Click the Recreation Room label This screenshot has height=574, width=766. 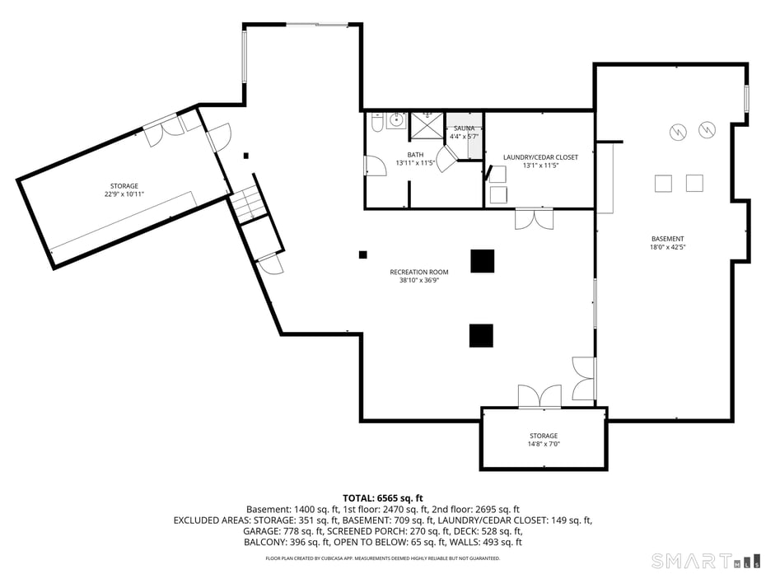point(419,272)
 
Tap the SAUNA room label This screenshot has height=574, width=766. point(465,128)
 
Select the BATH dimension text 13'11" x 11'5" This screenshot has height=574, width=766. point(415,163)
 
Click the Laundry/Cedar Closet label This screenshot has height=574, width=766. point(540,156)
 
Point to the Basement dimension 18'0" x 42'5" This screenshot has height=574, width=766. point(667,246)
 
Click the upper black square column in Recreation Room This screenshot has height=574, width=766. point(483,260)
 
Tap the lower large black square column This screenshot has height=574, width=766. point(481,335)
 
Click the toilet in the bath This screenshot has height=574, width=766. point(376,123)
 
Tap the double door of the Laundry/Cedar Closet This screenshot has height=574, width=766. point(534,219)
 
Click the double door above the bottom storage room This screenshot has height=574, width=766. point(539,396)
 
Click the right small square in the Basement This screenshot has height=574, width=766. point(694,184)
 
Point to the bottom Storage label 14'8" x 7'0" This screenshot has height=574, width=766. point(544,440)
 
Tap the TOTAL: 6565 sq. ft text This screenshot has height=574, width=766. point(383,497)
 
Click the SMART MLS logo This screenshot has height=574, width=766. point(705,560)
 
